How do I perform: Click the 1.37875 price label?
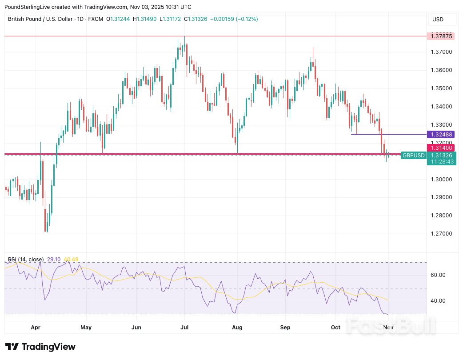pyautogui.click(x=442, y=36)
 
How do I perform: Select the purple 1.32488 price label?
pyautogui.click(x=442, y=134)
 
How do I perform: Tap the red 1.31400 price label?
pyautogui.click(x=442, y=148)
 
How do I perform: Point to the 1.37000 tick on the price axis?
pyautogui.click(x=442, y=52)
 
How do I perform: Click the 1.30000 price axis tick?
pyautogui.click(x=442, y=179)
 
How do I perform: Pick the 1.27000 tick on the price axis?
pyautogui.click(x=442, y=234)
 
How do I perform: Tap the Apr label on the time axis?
pyautogui.click(x=36, y=328)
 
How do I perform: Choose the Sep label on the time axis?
pyautogui.click(x=285, y=328)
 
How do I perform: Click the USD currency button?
pyautogui.click(x=438, y=20)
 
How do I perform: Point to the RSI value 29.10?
pyautogui.click(x=53, y=260)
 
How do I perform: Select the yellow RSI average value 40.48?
pyautogui.click(x=71, y=260)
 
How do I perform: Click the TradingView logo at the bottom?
pyautogui.click(x=40, y=347)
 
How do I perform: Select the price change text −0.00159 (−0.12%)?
pyautogui.click(x=234, y=19)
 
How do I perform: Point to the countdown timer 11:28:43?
pyautogui.click(x=442, y=162)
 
